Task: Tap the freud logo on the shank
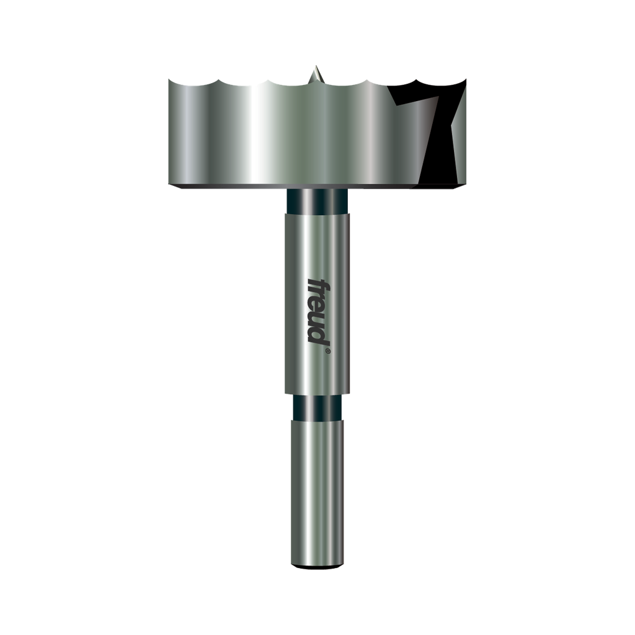tap(319, 311)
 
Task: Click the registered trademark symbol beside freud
tap(327, 352)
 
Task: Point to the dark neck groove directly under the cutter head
tap(317, 201)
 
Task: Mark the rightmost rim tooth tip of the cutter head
tap(466, 80)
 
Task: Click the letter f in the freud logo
tap(319, 284)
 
